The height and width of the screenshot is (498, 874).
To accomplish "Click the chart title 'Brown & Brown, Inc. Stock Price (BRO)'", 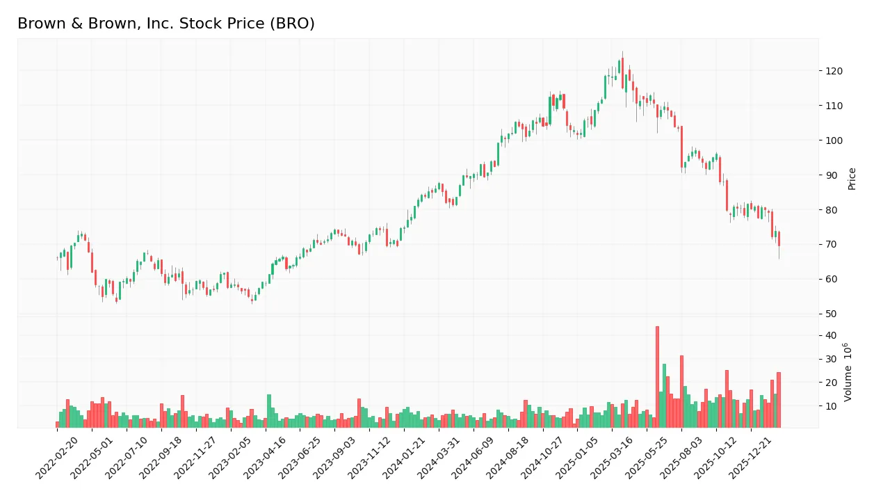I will tap(165, 24).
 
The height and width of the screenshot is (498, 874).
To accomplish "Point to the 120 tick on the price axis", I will tap(834, 71).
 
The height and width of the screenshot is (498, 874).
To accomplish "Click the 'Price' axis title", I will tap(852, 179).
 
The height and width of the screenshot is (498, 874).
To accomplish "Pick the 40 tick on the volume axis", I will tap(831, 335).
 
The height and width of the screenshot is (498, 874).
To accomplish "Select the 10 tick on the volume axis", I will tap(831, 405).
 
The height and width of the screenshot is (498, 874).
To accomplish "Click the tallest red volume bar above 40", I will tap(657, 377).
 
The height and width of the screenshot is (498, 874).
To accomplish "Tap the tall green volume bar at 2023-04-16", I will tap(269, 410).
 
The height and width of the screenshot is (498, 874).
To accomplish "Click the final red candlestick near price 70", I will tap(779, 239).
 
